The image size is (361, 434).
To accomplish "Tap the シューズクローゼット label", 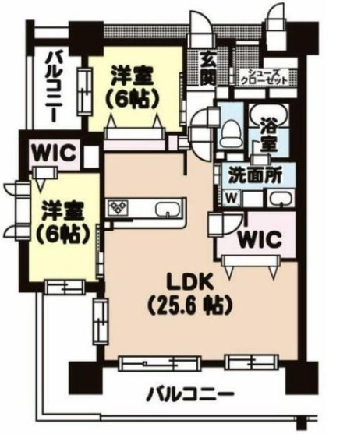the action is [264, 76].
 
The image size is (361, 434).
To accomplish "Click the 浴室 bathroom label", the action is [269, 135].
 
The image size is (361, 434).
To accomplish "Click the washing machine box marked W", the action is [232, 198].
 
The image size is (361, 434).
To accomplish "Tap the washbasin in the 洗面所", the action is [281, 198].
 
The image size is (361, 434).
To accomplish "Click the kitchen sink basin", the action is [168, 209].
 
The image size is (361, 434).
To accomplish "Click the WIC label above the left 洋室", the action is [54, 152].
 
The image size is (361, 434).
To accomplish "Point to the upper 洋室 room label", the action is [133, 87].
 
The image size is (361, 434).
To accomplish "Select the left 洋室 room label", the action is [63, 222].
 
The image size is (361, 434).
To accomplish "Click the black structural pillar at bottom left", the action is [83, 378].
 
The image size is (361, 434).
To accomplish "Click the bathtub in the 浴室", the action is [269, 115].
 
